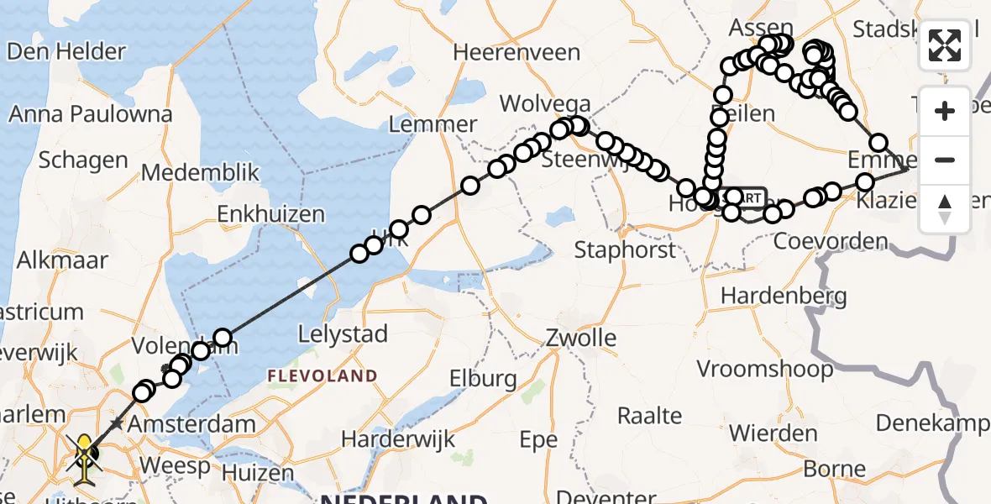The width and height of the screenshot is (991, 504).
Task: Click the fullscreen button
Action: pyautogui.click(x=945, y=45)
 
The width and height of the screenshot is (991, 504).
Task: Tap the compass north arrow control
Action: pyautogui.click(x=945, y=209)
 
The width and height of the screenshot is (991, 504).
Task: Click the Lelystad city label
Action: pyautogui.click(x=343, y=334)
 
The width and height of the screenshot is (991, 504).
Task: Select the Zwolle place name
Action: pyautogui.click(x=579, y=339)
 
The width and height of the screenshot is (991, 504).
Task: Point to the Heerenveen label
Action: pyautogui.click(x=516, y=52)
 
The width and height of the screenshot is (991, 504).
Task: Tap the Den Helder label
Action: pyautogui.click(x=66, y=51)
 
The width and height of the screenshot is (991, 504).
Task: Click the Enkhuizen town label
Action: pyautogui.click(x=270, y=214)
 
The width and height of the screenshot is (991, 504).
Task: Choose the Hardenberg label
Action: pyautogui.click(x=783, y=295)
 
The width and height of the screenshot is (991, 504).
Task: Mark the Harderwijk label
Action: pyautogui.click(x=398, y=438)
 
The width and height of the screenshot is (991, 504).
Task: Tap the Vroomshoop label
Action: pyautogui.click(x=765, y=369)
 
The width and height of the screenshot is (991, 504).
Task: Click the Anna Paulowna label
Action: pyautogui.click(x=91, y=113)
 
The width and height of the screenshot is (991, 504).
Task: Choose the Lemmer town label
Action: pyautogui.click(x=433, y=124)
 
